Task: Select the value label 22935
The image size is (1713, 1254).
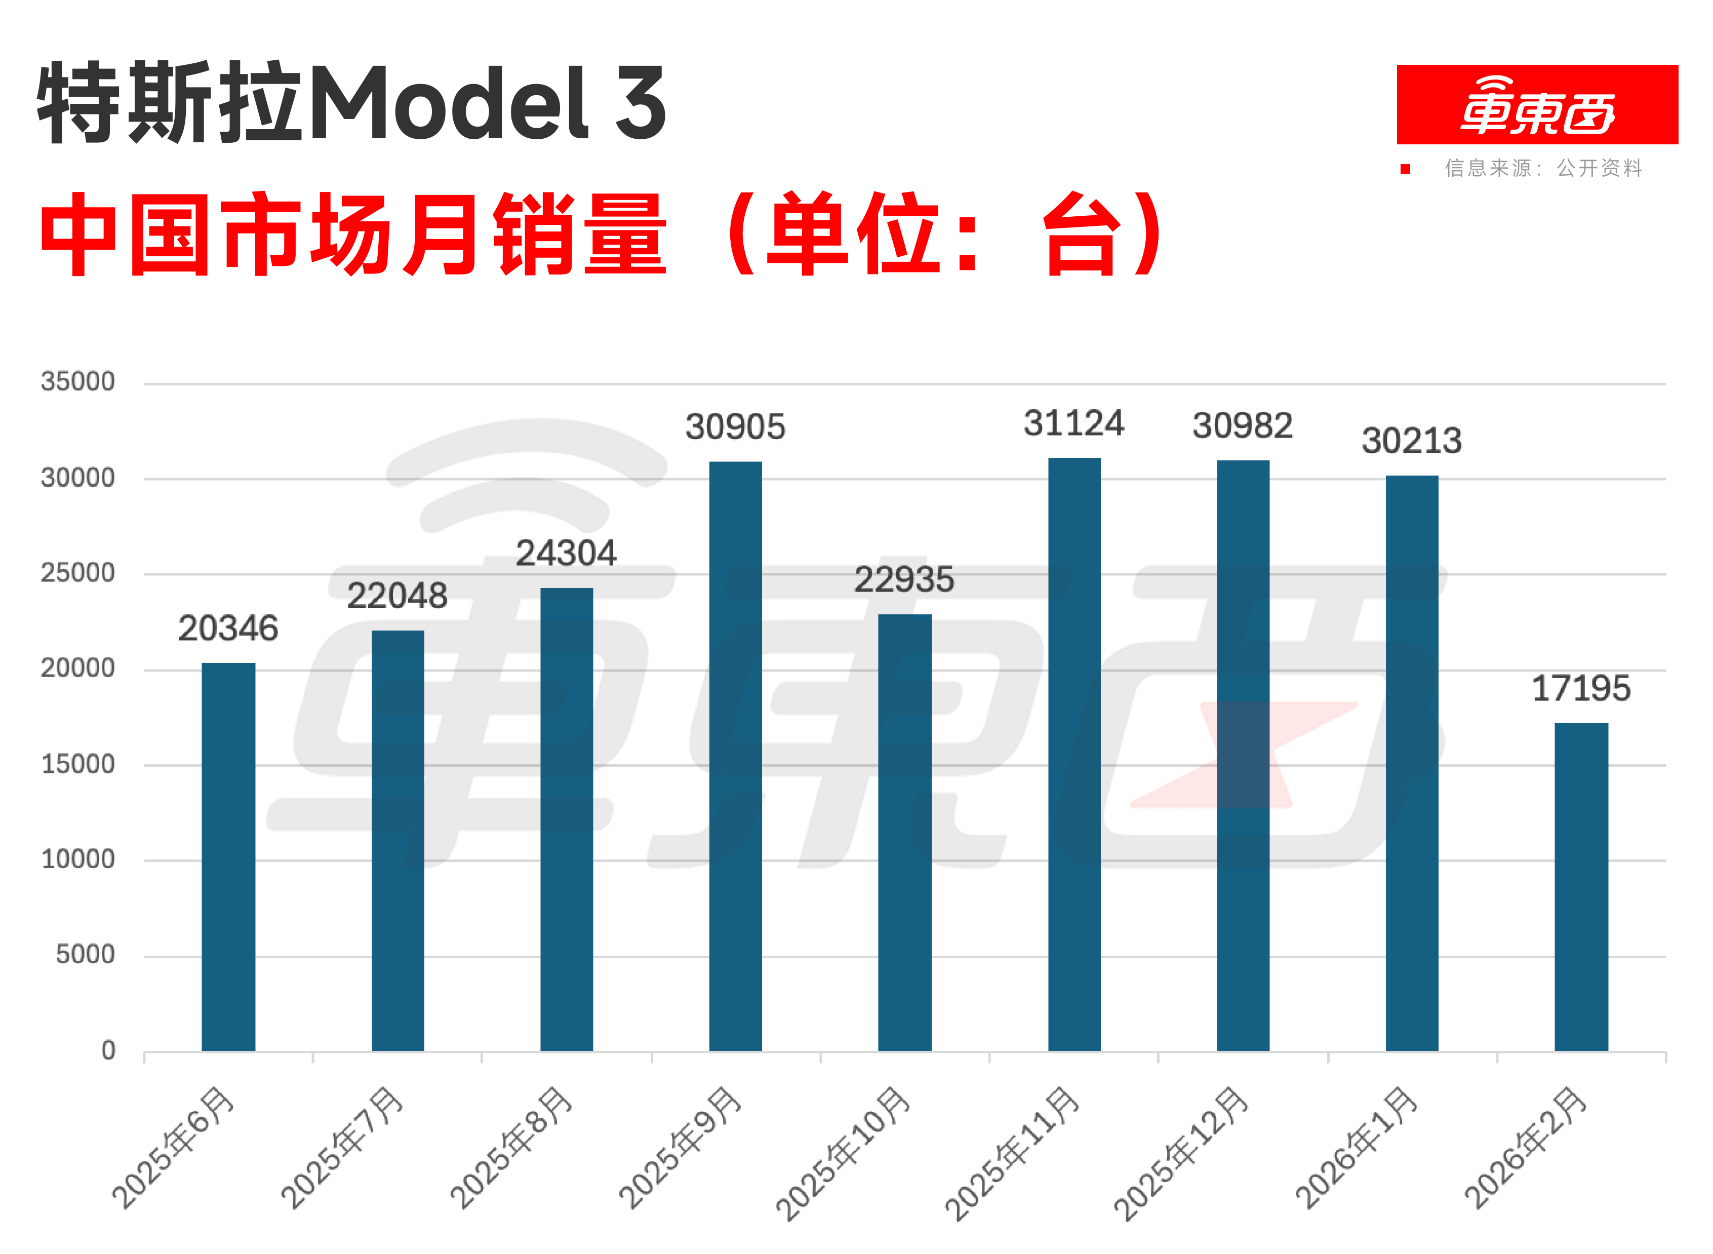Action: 904,580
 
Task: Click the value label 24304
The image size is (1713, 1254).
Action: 566,553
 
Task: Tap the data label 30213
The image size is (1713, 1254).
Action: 1412,440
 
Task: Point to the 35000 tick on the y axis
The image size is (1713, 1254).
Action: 78,381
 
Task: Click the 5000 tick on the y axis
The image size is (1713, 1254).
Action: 85,954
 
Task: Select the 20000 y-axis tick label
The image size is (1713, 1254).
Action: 78,668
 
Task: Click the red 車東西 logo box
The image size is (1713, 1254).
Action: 1537,105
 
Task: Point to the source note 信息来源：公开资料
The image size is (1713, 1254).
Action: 1543,168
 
